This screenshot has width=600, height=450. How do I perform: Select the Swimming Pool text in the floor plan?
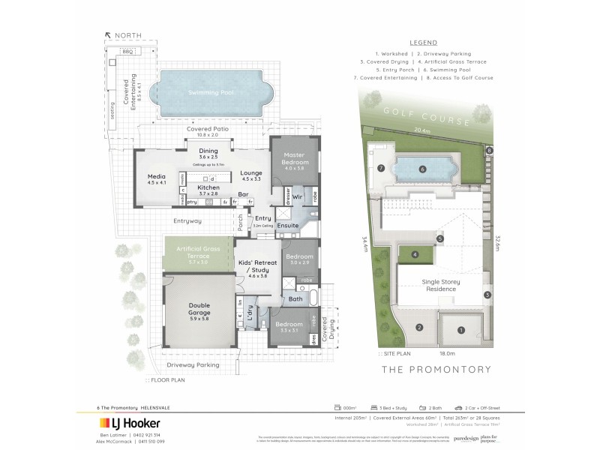(211, 92)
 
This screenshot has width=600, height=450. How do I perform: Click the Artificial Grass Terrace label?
(198, 252)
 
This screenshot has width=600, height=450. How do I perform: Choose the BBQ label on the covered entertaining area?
(127, 51)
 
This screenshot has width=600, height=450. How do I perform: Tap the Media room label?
(157, 178)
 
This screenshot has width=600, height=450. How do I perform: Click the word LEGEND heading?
(437, 43)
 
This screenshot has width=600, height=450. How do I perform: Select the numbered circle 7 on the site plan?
(381, 168)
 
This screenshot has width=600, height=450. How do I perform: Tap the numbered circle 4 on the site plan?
(415, 255)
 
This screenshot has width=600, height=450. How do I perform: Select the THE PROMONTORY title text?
(436, 370)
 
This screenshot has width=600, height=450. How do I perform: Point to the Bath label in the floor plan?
(295, 299)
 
